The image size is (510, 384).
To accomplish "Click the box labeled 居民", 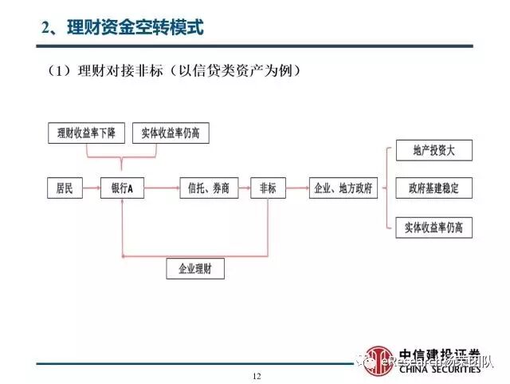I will click(65, 188).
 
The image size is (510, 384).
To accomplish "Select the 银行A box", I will click(123, 188).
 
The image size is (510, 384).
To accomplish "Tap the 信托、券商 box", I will click(210, 188).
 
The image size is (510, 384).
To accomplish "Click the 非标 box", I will click(269, 188).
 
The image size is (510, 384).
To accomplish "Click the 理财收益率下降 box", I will click(82, 133).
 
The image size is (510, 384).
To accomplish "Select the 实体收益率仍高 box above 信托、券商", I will click(171, 133).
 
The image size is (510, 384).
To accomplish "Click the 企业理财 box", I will click(196, 269).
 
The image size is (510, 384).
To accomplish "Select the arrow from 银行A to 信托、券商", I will click(162, 188).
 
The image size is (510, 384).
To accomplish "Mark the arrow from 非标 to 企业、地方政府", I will click(297, 188).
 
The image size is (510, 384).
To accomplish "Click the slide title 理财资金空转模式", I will click(122, 29).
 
